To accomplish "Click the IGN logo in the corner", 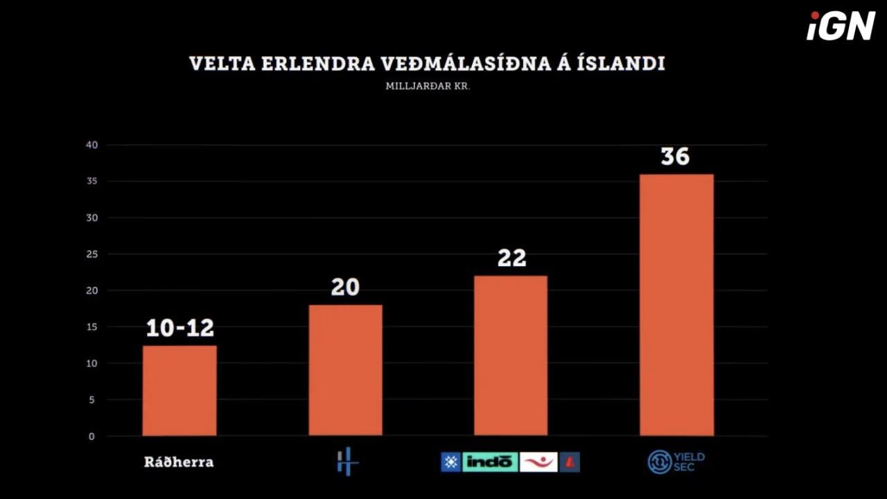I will (841, 26).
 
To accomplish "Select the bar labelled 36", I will (676, 305).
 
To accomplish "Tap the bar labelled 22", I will (511, 356).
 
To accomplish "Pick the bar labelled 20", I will (345, 370).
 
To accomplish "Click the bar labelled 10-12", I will (179, 391).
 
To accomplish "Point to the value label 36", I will (675, 157).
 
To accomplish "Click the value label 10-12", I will (179, 328).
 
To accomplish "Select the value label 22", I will (511, 259).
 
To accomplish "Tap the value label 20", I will (345, 287).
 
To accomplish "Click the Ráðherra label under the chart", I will (179, 462).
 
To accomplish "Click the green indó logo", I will (490, 462).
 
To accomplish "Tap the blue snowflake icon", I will (450, 462).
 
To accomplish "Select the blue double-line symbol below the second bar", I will (347, 462).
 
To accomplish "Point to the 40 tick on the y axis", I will (93, 145).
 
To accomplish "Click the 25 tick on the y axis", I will (93, 254).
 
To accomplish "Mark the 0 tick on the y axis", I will (91, 437).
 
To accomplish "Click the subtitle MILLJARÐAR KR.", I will (428, 87).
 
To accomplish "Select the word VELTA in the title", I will (214, 64).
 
